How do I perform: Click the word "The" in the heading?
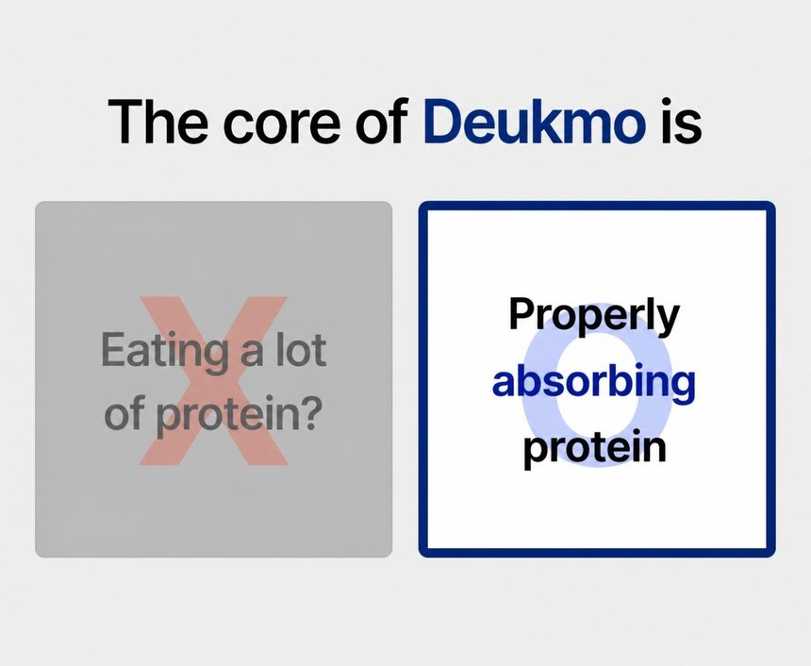[x=157, y=121]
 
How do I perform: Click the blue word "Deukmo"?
[x=535, y=121]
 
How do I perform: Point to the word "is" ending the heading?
[x=681, y=121]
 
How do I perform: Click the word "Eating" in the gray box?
[x=164, y=353]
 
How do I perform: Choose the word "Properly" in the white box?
[x=594, y=317]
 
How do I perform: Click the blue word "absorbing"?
[x=594, y=383]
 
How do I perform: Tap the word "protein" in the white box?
[x=594, y=449]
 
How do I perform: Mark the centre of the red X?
[x=214, y=380]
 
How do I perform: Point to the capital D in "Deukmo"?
[x=445, y=121]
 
